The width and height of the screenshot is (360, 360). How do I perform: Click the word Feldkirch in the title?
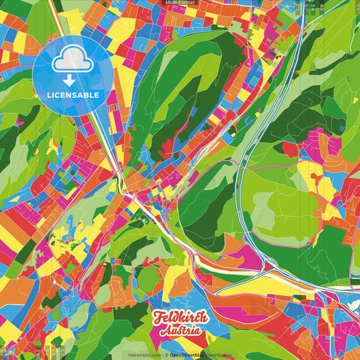click(x=180, y=317)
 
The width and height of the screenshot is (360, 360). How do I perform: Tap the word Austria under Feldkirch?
click(x=180, y=331)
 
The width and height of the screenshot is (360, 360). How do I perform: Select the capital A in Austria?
click(x=164, y=331)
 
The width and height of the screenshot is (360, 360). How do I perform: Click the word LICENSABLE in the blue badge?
click(x=74, y=95)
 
